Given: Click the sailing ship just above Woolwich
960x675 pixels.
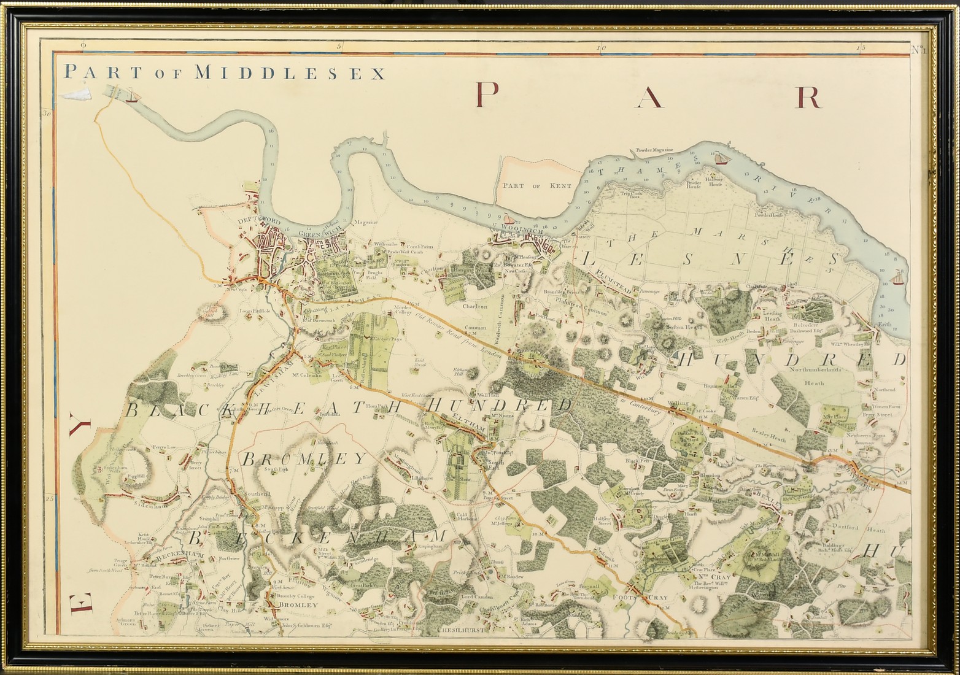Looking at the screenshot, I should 507,218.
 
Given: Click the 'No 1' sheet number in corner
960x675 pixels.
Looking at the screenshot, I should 919,50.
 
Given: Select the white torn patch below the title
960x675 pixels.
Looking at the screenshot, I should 76,93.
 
